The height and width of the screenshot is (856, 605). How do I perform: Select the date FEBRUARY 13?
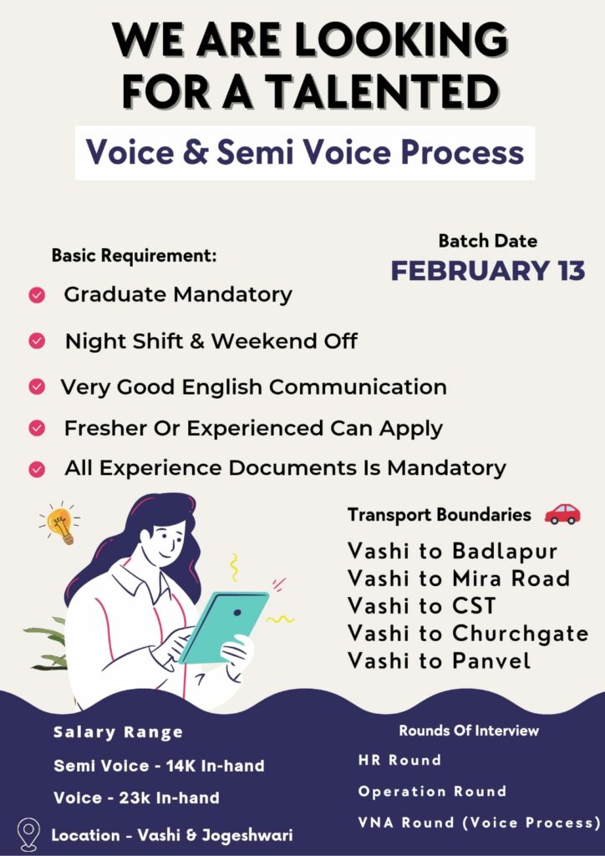click(x=488, y=272)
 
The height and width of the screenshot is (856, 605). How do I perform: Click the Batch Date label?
click(x=488, y=241)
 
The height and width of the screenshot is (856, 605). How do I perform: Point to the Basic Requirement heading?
click(x=135, y=256)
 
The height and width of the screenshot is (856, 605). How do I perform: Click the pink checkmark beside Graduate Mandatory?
click(x=37, y=295)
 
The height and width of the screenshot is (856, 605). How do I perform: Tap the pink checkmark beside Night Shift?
click(x=37, y=341)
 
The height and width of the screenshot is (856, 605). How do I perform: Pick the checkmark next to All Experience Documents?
click(x=37, y=470)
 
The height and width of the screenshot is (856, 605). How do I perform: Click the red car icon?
click(x=562, y=514)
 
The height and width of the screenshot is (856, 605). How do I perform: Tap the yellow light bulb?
click(x=60, y=524)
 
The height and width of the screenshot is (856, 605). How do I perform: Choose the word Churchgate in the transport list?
click(x=521, y=634)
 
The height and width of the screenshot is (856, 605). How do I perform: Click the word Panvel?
click(x=491, y=660)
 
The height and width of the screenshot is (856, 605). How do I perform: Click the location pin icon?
click(x=28, y=834)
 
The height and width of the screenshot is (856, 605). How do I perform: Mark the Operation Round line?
click(x=432, y=791)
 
